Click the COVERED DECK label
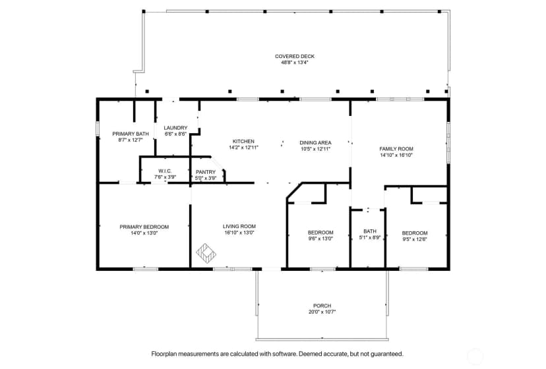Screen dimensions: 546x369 (295, 56)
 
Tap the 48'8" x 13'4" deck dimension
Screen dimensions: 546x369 (295, 63)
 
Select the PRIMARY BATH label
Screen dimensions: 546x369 (131, 134)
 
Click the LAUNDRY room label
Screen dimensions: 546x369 (175, 128)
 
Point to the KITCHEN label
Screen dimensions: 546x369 (243, 141)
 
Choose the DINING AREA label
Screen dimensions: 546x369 (315, 143)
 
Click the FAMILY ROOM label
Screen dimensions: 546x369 (396, 149)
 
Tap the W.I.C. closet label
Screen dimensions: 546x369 (165, 171)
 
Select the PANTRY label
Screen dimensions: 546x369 (206, 172)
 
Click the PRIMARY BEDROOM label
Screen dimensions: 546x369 (144, 227)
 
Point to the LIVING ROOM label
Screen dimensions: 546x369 (239, 226)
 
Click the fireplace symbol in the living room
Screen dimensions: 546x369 (206, 253)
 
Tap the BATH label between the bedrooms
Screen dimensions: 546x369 (370, 231)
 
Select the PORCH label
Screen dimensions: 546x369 (322, 306)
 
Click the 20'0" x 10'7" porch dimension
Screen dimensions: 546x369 (322, 312)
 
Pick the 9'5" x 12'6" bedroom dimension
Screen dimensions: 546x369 (415, 239)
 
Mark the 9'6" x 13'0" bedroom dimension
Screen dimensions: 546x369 (320, 239)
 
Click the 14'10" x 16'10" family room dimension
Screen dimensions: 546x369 (396, 156)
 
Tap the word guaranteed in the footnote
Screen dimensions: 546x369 (386, 354)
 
